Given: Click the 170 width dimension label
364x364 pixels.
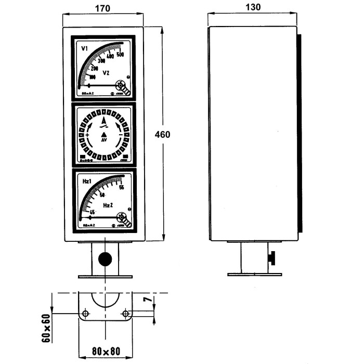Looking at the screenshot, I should (x=104, y=8).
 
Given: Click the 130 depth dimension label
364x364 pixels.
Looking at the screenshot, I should (x=253, y=8).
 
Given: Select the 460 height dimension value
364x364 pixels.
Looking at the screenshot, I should (x=163, y=134).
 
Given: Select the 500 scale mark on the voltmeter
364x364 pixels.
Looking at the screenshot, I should (x=120, y=55).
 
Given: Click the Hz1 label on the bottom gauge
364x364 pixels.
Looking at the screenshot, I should (x=87, y=180).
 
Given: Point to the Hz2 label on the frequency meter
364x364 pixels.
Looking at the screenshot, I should (x=108, y=206).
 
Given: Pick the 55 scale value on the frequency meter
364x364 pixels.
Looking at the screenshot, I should (x=121, y=188).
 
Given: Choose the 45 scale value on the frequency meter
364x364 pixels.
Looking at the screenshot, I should (x=92, y=212).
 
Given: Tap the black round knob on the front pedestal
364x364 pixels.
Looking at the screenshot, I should (x=105, y=258).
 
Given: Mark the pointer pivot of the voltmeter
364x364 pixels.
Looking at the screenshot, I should (x=121, y=85).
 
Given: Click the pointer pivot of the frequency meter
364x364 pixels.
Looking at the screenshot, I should (x=121, y=217).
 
